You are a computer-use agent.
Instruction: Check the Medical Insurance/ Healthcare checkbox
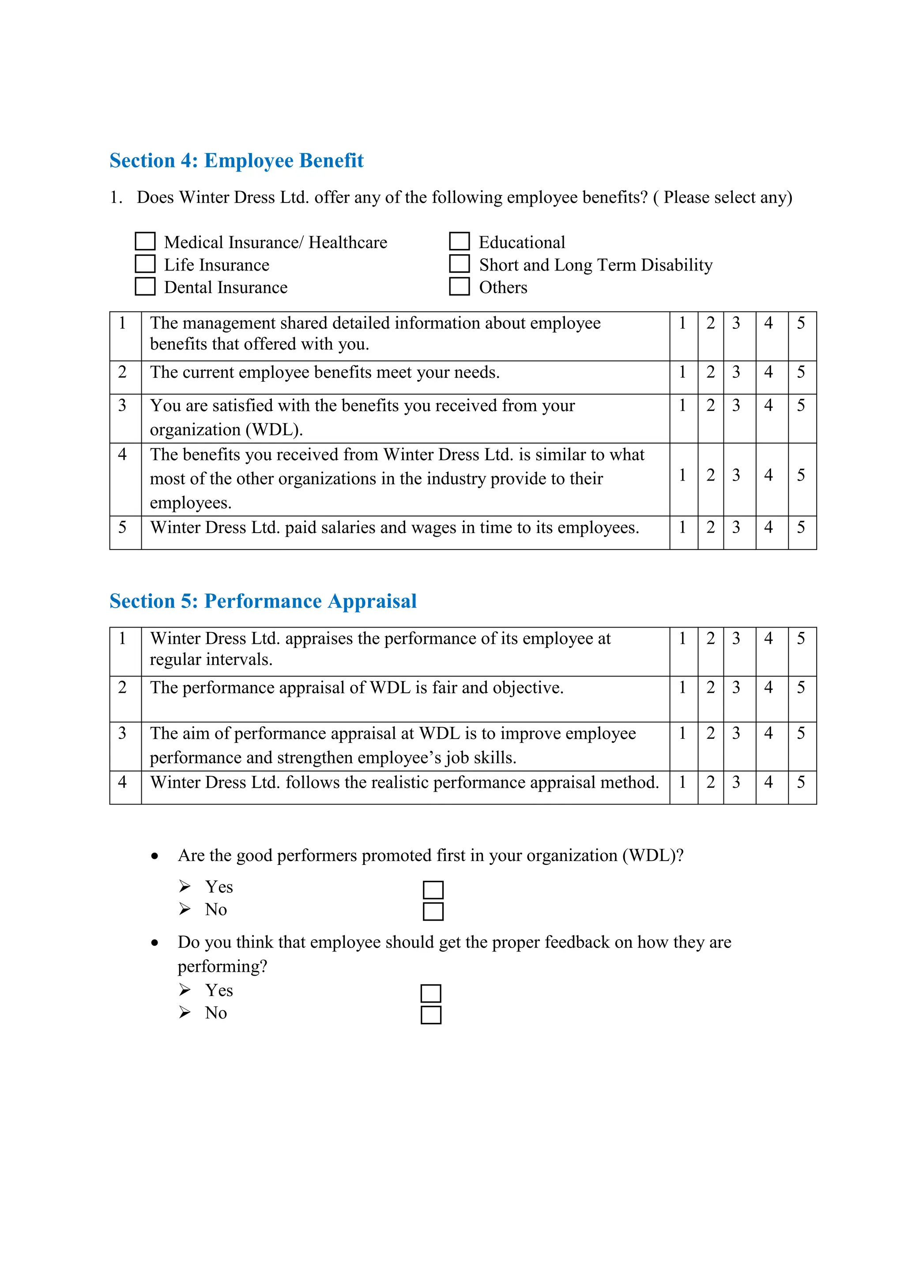click(145, 241)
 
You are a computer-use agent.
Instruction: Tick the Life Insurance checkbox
click(145, 264)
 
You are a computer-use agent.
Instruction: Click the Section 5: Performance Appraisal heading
click(263, 601)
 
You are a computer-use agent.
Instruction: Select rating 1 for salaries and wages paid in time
click(682, 527)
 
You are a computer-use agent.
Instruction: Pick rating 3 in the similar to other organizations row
click(736, 475)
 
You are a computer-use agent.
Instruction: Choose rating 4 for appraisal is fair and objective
click(768, 688)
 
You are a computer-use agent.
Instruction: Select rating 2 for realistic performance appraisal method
click(710, 782)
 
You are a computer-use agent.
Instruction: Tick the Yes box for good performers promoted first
click(433, 890)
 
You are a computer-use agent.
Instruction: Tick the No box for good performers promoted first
click(433, 912)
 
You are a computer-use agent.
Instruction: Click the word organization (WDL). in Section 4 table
click(226, 430)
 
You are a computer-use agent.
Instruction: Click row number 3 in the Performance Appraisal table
click(122, 733)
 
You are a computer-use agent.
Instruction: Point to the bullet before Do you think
click(155, 943)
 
